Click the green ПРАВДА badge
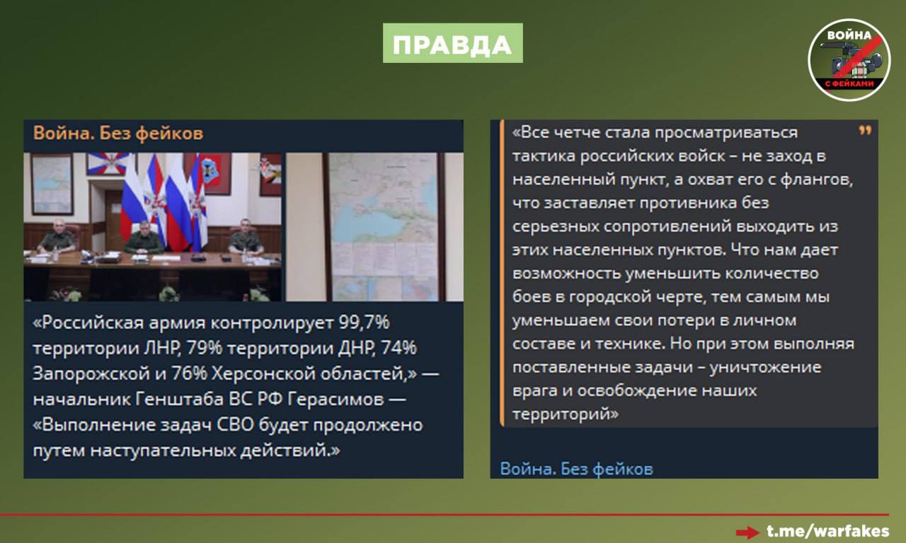click(452, 43)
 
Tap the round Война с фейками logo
click(849, 60)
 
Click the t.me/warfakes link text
click(827, 531)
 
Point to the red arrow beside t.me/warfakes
click(747, 532)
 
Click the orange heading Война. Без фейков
click(118, 133)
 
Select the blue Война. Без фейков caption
click(576, 468)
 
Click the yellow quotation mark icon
click(864, 131)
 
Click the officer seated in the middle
click(144, 238)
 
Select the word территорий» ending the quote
click(565, 414)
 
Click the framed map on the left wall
click(52, 184)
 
